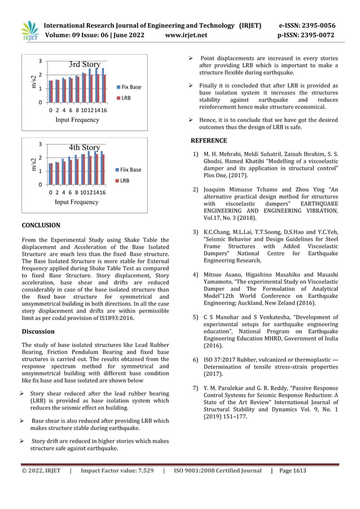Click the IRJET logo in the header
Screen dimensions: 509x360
pyautogui.click(x=29, y=31)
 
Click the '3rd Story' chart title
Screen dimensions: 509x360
pyautogui.click(x=84, y=64)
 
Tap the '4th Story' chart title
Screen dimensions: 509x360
pyautogui.click(x=84, y=148)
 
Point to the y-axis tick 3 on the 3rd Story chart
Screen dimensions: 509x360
pyautogui.click(x=40, y=61)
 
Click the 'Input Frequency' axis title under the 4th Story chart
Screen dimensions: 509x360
pyautogui.click(x=77, y=201)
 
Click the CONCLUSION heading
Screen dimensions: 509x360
pyautogui.click(x=41, y=226)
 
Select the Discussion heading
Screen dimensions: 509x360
pyautogui.click(x=37, y=332)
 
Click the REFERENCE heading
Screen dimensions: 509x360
pyautogui.click(x=208, y=141)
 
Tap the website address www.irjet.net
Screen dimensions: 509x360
pyautogui.click(x=187, y=36)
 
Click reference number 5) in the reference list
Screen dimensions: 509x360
pyautogui.click(x=195, y=318)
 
